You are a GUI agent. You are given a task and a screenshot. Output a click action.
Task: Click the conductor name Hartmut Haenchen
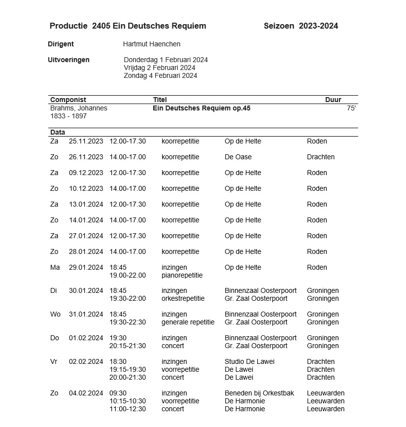tap(151, 44)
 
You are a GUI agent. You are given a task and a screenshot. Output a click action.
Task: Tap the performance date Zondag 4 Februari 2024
tap(160, 75)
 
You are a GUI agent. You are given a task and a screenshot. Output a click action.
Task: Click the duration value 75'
tap(351, 108)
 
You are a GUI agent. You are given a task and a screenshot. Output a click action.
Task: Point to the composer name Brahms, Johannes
tap(79, 108)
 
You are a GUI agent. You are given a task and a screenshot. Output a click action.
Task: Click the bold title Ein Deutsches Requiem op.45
tap(202, 108)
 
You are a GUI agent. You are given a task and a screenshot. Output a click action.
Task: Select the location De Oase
tap(238, 157)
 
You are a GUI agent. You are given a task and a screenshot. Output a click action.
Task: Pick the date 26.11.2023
tap(86, 157)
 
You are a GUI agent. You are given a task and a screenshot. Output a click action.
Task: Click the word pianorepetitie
tap(182, 275)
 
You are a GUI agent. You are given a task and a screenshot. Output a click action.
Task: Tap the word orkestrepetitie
tap(183, 298)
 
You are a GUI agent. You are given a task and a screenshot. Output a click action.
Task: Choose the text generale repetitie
tap(188, 322)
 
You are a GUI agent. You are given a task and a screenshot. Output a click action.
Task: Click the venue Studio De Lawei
tap(249, 361)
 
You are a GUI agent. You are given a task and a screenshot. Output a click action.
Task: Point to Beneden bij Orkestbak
tap(259, 393)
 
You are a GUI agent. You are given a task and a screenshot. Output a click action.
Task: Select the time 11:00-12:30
tap(128, 409)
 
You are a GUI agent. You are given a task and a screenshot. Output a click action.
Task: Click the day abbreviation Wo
tap(55, 314)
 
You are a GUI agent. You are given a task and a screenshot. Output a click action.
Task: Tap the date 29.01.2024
tap(86, 267)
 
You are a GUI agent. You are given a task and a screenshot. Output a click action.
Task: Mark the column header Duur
tap(333, 100)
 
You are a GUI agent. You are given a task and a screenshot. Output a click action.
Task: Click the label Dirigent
tap(61, 44)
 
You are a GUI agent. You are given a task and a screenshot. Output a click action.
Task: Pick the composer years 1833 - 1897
tap(68, 116)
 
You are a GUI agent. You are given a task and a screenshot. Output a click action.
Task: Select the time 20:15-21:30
tap(128, 346)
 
